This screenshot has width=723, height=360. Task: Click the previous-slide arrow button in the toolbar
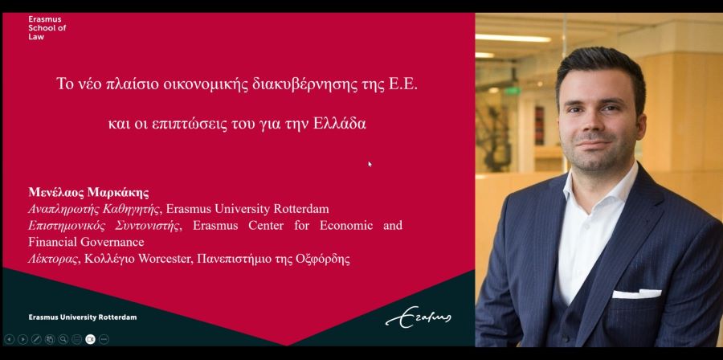click(9, 339)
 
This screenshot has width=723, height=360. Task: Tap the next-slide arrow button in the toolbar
click(22, 339)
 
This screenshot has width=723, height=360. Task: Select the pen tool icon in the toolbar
click(36, 339)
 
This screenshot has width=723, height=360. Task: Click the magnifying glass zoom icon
click(63, 339)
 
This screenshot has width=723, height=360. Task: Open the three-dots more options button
click(104, 339)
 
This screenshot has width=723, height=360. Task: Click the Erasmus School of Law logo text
click(47, 28)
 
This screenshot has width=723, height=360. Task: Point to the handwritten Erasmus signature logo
click(419, 317)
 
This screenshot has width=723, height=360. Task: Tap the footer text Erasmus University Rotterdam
click(83, 317)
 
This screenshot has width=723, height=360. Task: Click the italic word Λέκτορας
click(53, 259)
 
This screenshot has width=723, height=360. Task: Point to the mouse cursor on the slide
click(370, 164)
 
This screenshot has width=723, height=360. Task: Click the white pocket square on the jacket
click(636, 293)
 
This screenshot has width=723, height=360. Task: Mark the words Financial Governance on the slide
click(86, 242)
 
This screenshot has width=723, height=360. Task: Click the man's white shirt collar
click(599, 184)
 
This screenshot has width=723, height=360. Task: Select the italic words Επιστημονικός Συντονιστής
click(104, 226)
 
